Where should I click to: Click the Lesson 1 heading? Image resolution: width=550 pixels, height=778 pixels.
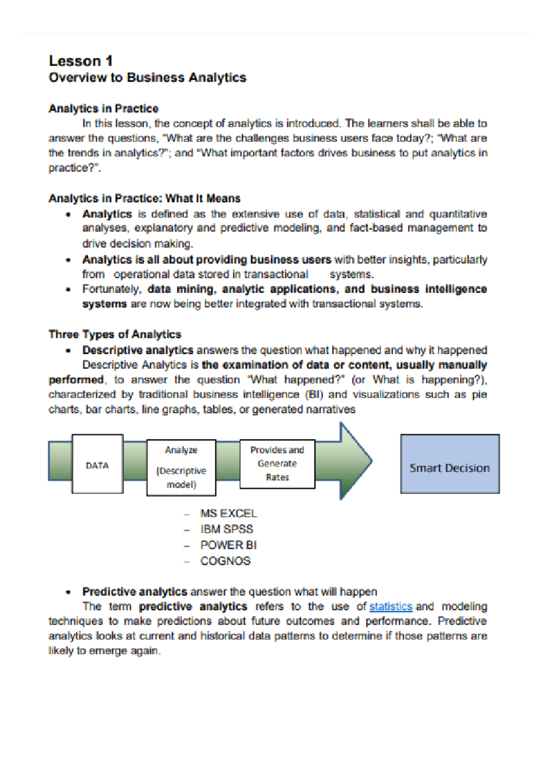(81, 61)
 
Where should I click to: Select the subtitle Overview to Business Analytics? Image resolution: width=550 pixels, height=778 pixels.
(147, 77)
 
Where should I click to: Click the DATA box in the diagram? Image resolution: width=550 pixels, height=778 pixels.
(97, 465)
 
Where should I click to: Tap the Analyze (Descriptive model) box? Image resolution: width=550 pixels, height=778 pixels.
(181, 467)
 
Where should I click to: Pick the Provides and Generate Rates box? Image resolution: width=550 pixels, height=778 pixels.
(277, 464)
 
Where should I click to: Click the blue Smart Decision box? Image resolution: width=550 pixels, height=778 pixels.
(450, 464)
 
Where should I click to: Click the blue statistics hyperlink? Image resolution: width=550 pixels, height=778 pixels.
(390, 606)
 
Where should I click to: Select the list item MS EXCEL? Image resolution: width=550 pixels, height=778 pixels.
(228, 513)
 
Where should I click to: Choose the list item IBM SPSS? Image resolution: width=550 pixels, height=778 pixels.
(226, 529)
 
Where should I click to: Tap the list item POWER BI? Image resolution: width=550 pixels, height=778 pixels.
(228, 545)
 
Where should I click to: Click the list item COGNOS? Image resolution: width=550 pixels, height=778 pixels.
(225, 561)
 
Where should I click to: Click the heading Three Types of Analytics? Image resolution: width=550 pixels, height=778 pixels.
(115, 334)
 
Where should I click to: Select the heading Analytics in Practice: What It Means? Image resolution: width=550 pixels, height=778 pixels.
(144, 198)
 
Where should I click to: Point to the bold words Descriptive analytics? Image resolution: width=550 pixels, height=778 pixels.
(137, 350)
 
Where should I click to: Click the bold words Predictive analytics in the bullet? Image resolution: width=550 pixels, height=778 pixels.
(135, 592)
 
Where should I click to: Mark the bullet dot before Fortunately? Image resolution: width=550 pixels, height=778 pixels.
(68, 290)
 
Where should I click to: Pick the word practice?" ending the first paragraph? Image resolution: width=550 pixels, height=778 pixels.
(74, 168)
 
